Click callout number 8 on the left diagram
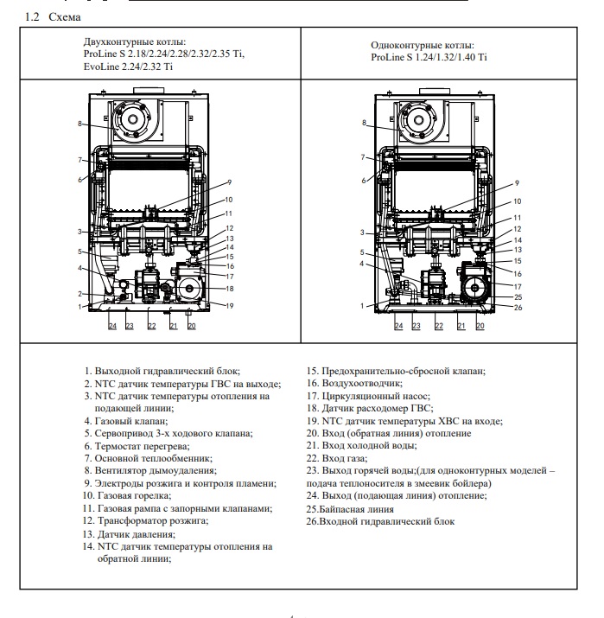(x=79, y=124)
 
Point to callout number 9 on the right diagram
(x=516, y=183)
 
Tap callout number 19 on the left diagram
(x=231, y=305)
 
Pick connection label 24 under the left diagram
(x=111, y=326)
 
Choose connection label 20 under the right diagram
(x=480, y=326)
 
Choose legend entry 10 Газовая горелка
(x=133, y=496)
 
